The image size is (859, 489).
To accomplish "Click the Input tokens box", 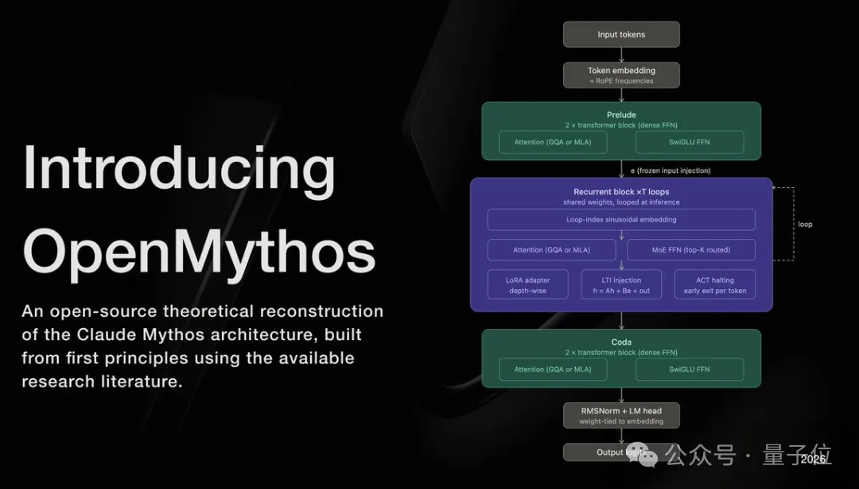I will coord(621,34).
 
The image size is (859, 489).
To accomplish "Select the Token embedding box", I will coord(621,75).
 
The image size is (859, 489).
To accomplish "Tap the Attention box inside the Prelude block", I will coord(553,142).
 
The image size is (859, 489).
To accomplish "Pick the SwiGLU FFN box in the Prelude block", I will coord(690,142).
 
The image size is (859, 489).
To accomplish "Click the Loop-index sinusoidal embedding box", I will coord(621,219).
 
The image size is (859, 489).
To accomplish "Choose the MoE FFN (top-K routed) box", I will coord(690,250).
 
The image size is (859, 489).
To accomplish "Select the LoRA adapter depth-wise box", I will coord(528,285).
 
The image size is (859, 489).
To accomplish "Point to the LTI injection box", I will coord(621,285).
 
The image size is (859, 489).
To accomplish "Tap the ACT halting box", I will coord(715,285).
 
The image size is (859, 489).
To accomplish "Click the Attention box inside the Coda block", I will coord(553,370).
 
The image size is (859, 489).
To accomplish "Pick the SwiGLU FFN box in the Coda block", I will coord(690,370).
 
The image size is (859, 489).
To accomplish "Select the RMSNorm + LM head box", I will coord(621,415).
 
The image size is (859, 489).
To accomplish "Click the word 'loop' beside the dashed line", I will coord(805,225).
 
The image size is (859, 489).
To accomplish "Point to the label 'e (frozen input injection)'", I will coord(670,170).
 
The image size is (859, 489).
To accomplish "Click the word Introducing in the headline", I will coord(179,169).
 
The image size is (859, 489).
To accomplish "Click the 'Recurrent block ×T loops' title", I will coord(621,192).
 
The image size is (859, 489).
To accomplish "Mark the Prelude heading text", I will coord(621,115).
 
